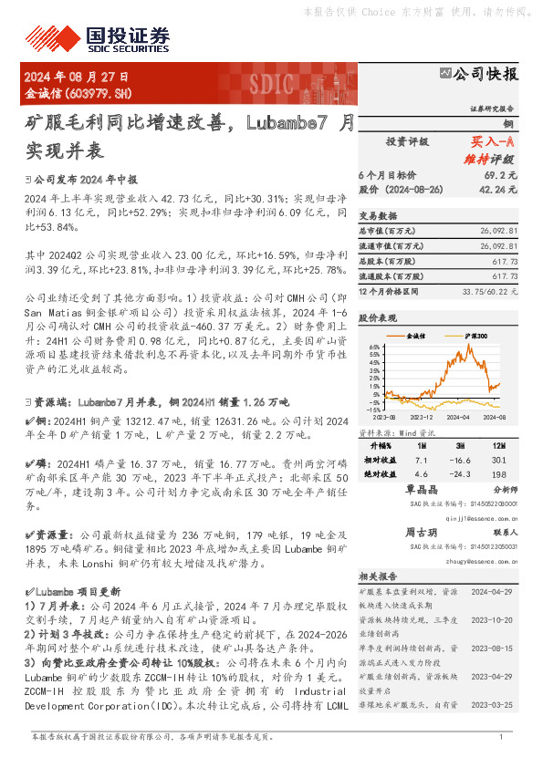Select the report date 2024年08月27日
pos(77,78)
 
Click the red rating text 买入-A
pos(493,142)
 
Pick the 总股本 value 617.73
pos(505,261)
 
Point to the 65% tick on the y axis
pos(375,348)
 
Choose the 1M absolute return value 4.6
pos(421,474)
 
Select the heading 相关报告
pos(376,576)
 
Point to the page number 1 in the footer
pos(501,737)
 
